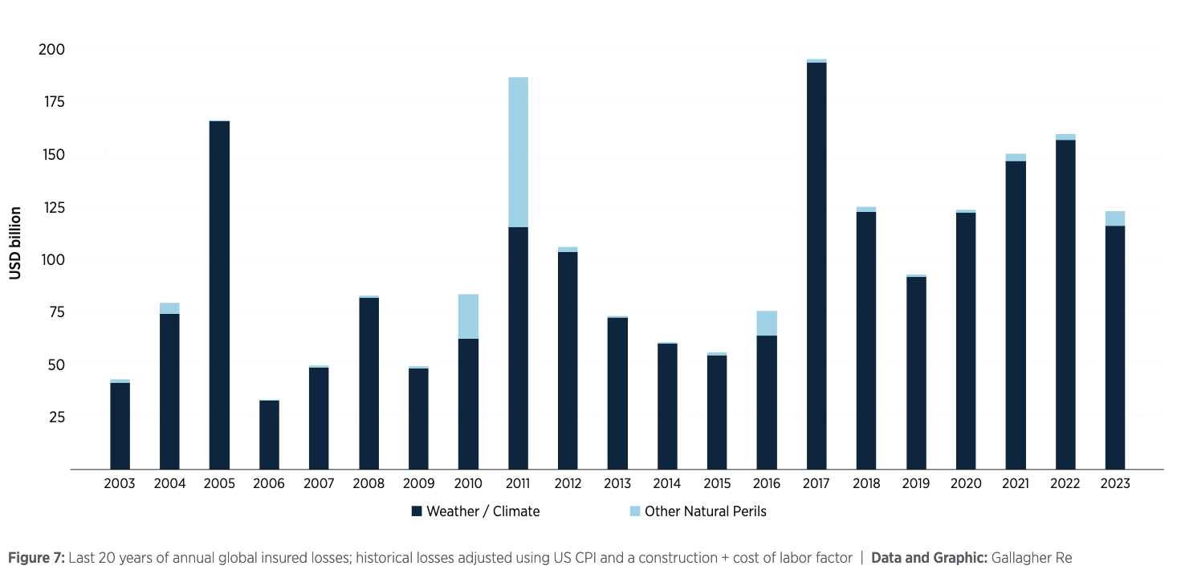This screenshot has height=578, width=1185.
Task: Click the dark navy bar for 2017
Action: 816,265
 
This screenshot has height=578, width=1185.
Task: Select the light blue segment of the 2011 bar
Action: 518,153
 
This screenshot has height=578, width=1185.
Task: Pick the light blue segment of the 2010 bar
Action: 468,316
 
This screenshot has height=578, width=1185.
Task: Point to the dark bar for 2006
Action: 269,434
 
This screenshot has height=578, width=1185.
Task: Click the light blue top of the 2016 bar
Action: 767,323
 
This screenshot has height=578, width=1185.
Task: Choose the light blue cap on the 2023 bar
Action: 1115,218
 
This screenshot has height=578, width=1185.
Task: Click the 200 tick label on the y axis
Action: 52,50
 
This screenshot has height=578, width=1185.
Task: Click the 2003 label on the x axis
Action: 120,484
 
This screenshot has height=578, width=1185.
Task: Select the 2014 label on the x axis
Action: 667,484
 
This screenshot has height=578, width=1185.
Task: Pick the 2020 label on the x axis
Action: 966,484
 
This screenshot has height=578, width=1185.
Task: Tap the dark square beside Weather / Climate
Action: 416,511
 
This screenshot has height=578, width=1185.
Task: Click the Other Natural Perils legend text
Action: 705,511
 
